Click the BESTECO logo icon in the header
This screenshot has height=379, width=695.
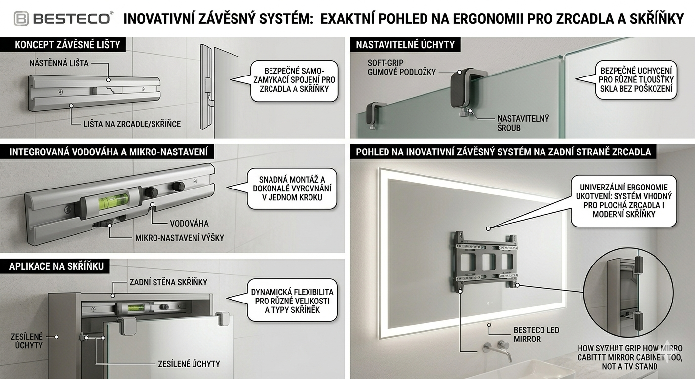tap(21, 19)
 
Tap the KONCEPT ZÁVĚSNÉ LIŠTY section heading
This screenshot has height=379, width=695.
tap(68, 44)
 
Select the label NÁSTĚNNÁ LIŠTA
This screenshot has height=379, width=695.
tap(59, 63)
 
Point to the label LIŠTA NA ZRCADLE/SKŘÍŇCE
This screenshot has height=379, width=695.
tap(132, 124)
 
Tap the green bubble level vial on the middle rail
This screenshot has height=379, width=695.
tap(113, 201)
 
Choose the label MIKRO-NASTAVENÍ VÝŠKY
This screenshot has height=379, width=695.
tap(179, 238)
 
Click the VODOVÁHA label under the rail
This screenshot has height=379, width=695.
tap(189, 223)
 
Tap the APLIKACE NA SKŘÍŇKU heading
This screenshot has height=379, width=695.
tap(57, 266)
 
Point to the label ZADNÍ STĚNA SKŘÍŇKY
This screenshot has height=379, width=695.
tap(168, 282)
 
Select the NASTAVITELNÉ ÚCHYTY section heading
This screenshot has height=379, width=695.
tap(405, 44)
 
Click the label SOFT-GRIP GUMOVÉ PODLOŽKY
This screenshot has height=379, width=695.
tap(401, 67)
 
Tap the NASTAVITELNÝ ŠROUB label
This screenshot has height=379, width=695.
tap(523, 123)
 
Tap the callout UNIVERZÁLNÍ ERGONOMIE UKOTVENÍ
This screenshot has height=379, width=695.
tap(624, 200)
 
